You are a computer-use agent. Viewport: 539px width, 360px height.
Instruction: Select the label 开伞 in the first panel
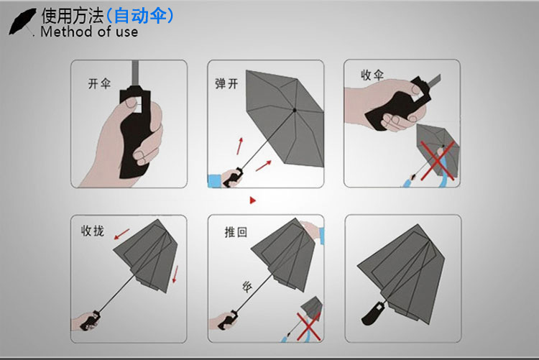99,85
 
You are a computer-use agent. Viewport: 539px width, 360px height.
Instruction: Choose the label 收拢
93,231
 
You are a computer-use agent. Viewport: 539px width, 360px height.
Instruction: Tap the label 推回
236,232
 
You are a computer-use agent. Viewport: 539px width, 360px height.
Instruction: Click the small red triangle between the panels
252,199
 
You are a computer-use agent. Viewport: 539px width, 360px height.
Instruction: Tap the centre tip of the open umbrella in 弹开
295,110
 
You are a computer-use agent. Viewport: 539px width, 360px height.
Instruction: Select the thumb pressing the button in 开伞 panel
129,105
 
